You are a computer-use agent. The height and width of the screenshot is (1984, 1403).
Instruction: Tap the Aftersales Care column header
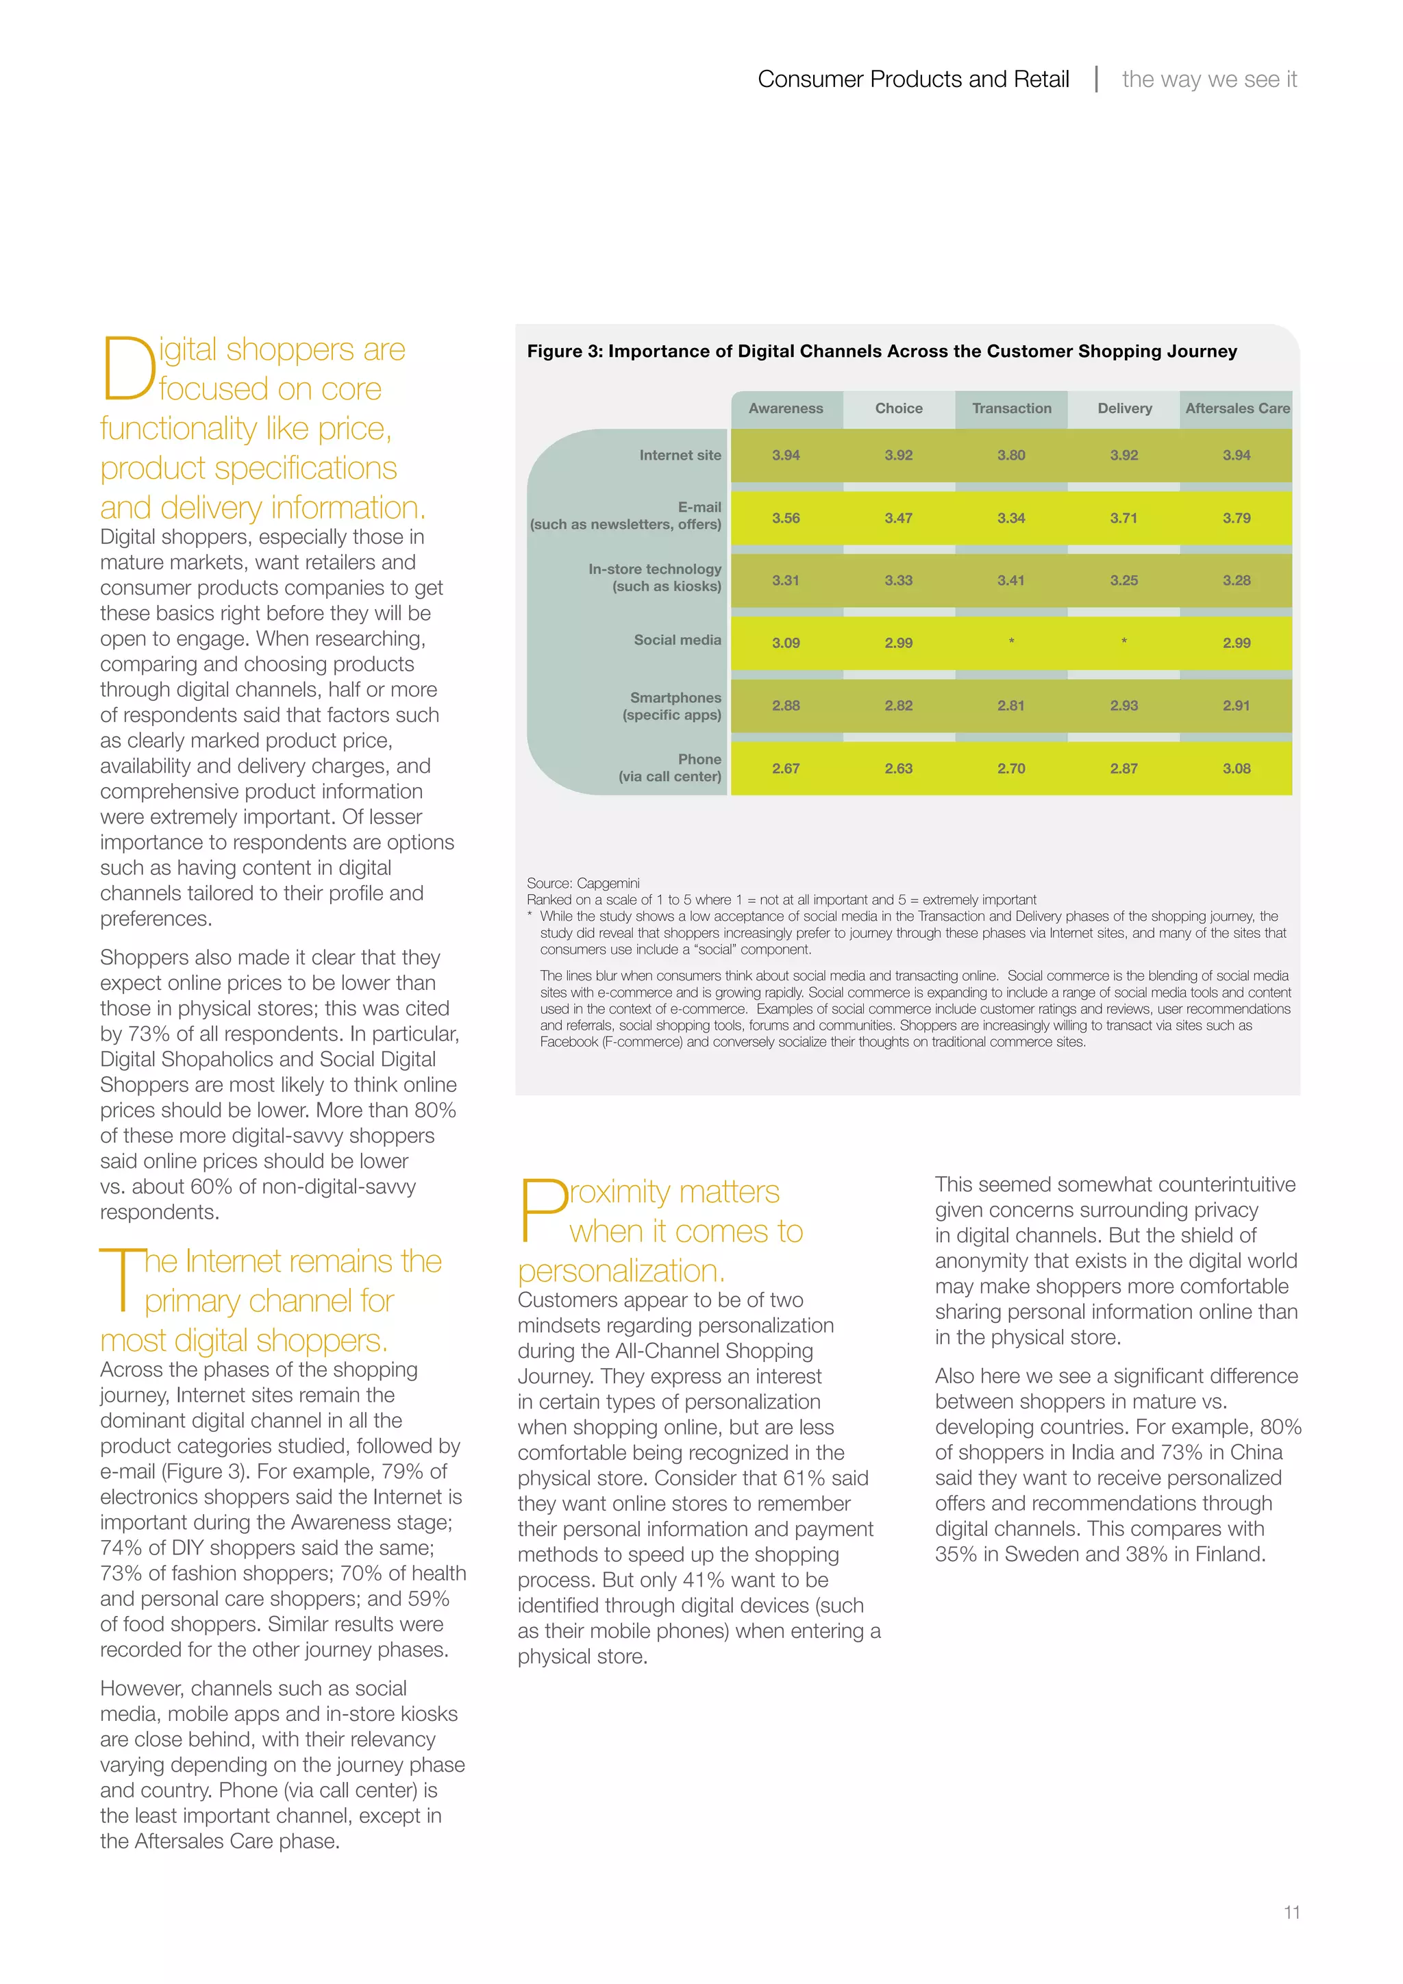(x=1237, y=408)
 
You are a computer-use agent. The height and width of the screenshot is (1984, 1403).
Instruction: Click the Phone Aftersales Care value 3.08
(x=1237, y=768)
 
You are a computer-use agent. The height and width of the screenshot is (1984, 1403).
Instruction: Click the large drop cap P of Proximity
(x=542, y=1210)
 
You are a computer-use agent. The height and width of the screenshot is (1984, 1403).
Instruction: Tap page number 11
(x=1291, y=1912)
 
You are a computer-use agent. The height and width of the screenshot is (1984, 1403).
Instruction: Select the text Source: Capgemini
(x=583, y=883)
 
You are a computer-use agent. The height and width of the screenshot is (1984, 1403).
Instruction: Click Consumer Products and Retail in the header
(x=913, y=79)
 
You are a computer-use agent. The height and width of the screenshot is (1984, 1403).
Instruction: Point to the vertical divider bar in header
(x=1096, y=79)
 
